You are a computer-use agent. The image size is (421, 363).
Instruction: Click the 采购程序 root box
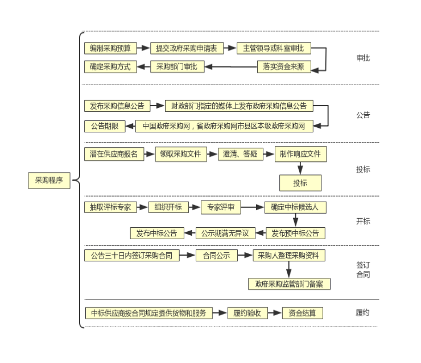tap(49, 181)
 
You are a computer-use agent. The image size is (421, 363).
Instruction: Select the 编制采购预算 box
tap(110, 48)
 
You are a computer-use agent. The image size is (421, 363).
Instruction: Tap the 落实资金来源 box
tap(284, 67)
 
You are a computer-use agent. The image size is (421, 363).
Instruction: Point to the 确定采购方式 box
tap(110, 67)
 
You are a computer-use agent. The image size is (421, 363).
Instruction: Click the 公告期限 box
tap(105, 126)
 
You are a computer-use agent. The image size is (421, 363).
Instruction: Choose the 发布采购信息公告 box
tap(117, 106)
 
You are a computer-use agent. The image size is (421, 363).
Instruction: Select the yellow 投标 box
tap(300, 183)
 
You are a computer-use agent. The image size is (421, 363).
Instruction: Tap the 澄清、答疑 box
tap(240, 154)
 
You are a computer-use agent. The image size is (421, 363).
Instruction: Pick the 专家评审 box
tap(221, 207)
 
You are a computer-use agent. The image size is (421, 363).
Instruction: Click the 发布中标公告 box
tap(157, 233)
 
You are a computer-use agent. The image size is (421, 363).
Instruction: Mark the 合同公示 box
tap(216, 256)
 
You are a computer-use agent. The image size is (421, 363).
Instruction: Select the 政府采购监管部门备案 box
tap(289, 284)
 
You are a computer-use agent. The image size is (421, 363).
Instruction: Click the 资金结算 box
tap(302, 313)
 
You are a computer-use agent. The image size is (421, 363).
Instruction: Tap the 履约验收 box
tap(247, 313)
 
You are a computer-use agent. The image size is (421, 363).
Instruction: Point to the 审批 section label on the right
tap(363, 58)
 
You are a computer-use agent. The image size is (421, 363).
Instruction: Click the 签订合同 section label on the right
tap(363, 270)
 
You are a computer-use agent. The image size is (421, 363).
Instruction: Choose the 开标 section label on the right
tap(363, 221)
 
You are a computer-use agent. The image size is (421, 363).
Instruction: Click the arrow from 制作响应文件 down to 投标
tap(300, 168)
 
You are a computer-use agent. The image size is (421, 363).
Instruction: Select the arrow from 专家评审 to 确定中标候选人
tap(253, 207)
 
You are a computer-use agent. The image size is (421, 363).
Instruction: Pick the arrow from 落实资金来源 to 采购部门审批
tap(231, 67)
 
